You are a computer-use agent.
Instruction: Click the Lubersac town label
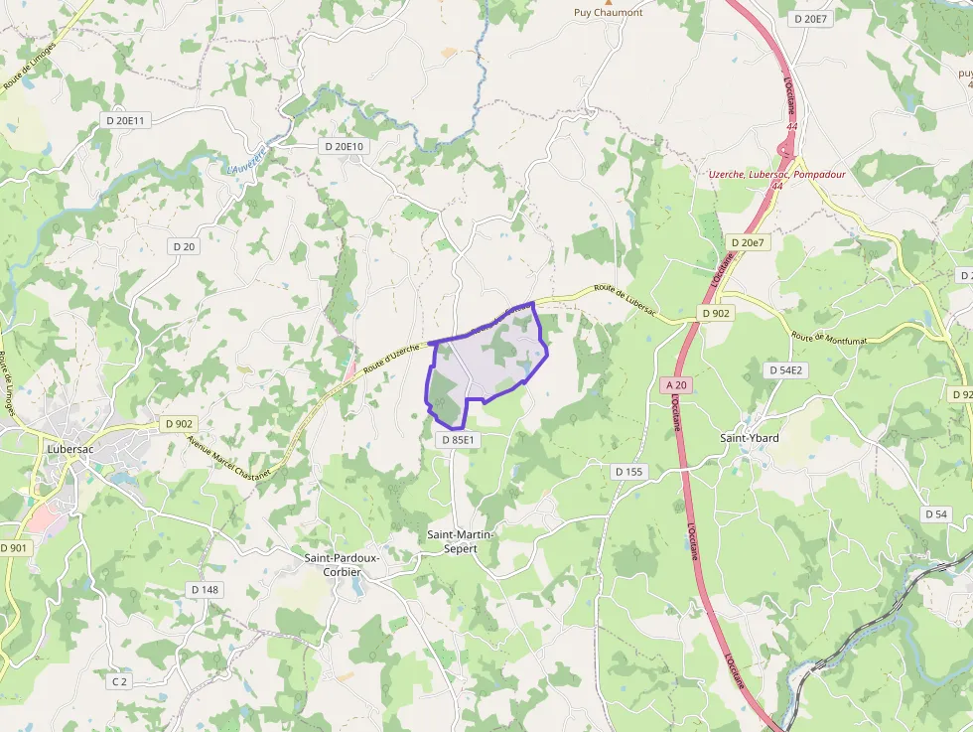tap(70, 448)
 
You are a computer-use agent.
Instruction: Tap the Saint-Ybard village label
tap(749, 438)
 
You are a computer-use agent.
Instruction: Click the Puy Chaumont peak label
tap(609, 13)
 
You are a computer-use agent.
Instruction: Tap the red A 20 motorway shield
tap(676, 384)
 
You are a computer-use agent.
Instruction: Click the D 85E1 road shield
tap(457, 439)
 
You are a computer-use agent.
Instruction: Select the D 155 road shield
tap(628, 472)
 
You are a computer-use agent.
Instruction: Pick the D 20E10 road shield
tap(345, 146)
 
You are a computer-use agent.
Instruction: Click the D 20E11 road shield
tap(125, 120)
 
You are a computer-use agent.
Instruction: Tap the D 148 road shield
tap(205, 589)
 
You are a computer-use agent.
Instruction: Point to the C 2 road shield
tap(119, 681)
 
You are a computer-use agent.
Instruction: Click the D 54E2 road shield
tap(784, 368)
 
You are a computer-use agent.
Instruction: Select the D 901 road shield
tap(14, 547)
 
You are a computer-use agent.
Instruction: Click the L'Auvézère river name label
tap(247, 159)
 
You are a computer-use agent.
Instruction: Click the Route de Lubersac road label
tap(625, 300)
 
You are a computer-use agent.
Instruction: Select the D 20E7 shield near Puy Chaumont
tap(810, 19)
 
